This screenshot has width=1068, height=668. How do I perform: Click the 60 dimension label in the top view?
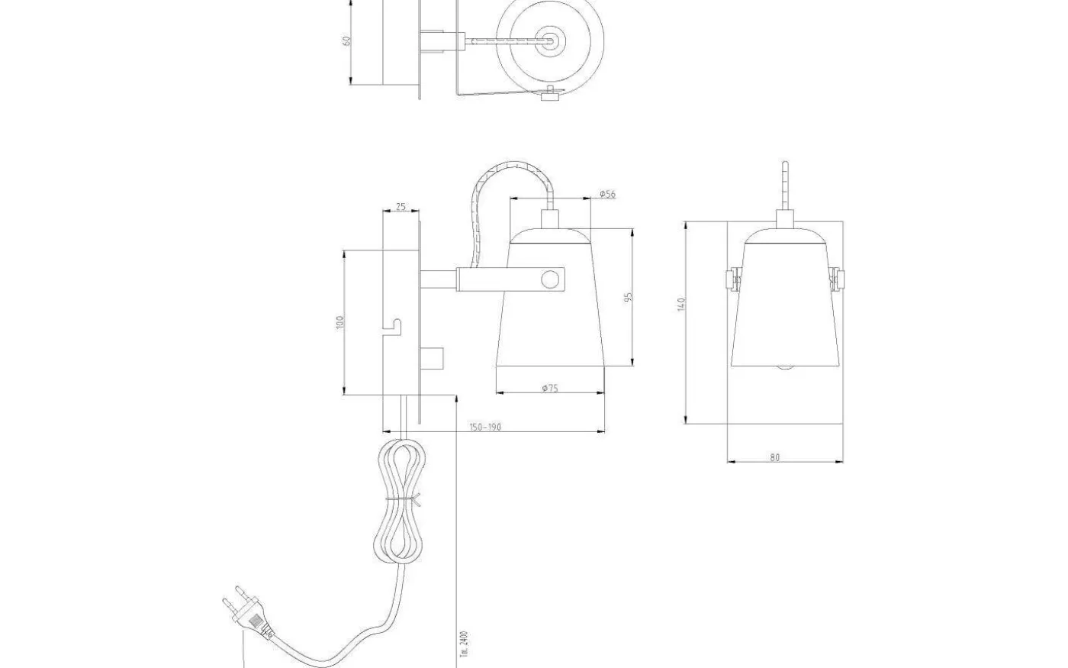(347, 40)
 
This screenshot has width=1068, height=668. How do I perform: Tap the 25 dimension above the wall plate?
(400, 208)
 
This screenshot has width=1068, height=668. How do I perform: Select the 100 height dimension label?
(340, 322)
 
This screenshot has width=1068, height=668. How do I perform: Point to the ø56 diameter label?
(607, 194)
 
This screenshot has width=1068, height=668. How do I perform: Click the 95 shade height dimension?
(629, 297)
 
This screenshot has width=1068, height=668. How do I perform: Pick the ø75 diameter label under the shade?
(550, 388)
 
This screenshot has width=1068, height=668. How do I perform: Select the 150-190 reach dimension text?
(485, 427)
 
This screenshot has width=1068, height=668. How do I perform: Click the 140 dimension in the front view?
(682, 305)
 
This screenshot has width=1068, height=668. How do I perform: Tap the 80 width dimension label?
(775, 457)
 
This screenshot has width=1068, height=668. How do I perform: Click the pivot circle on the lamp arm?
(549, 280)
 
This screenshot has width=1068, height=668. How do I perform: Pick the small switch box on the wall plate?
(431, 357)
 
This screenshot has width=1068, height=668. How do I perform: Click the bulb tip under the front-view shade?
(785, 369)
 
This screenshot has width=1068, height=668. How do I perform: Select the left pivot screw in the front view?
(733, 279)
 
